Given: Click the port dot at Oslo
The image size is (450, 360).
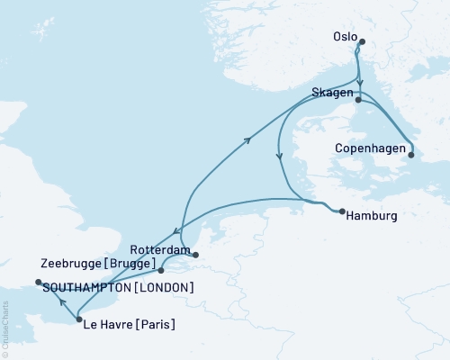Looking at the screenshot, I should click(362, 41).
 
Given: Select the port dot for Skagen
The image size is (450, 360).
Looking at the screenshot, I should click(357, 101).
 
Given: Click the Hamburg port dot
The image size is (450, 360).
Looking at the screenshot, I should click(342, 212).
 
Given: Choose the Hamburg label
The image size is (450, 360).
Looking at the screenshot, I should click(372, 216).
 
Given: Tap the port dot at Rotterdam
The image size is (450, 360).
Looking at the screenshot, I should click(194, 255).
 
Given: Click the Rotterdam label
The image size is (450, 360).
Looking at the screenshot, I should click(160, 248).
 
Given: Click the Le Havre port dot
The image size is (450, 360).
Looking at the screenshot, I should click(79, 319).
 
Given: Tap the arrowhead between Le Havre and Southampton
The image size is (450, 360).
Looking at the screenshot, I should click(59, 301).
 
